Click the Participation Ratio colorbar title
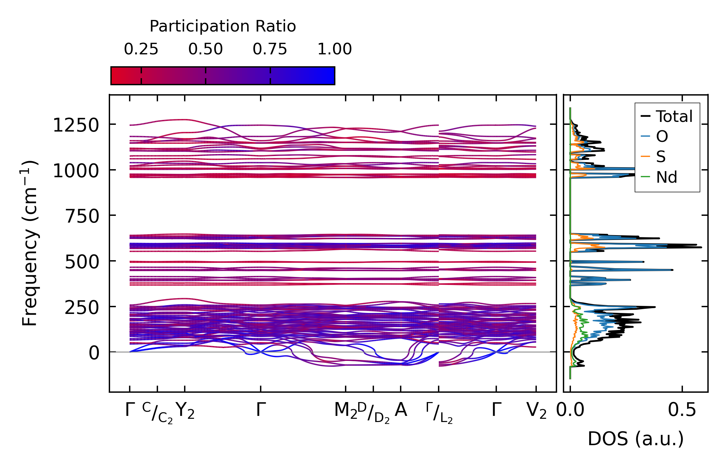223,26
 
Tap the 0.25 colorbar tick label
141,49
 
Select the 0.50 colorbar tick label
205,49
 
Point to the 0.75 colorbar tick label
270,49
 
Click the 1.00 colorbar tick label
334,49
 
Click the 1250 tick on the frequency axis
76,125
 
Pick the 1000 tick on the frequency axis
76,171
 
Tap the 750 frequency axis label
82,216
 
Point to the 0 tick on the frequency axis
94,353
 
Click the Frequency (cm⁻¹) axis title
30,243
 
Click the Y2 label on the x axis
186,411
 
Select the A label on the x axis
401,410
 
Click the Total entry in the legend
674,116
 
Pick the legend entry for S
661,157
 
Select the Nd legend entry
666,177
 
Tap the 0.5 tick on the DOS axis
682,410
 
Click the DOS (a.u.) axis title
636,439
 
